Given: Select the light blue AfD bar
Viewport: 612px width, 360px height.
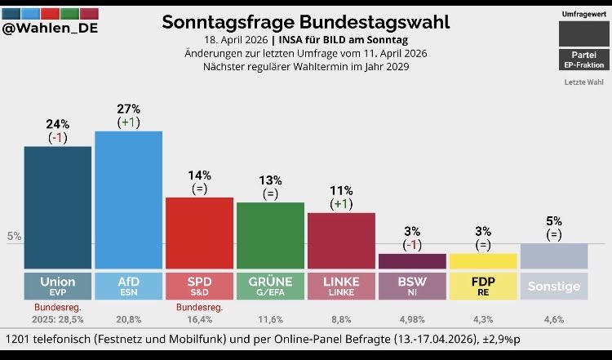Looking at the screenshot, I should [x=128, y=199].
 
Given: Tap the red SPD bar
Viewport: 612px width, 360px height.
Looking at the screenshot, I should [x=199, y=233].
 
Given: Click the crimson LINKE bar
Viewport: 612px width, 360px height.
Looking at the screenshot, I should [x=341, y=240].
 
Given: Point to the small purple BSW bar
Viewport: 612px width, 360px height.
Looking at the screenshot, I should [x=412, y=261].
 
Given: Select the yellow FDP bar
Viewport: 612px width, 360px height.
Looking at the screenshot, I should [x=483, y=261].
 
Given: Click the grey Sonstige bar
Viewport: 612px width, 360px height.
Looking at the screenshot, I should [x=554, y=256].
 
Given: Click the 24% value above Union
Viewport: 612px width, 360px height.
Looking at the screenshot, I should [x=57, y=123].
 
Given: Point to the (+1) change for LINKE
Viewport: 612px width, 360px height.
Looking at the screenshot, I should [x=341, y=203].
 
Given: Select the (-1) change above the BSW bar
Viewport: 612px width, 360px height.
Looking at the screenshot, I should [x=412, y=244].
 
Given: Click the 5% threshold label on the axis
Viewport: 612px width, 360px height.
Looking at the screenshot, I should [x=14, y=237].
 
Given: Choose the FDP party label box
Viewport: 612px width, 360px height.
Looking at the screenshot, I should [x=483, y=285].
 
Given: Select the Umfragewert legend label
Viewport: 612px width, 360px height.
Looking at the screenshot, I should [x=583, y=15].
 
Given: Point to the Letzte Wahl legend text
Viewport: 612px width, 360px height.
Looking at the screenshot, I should [x=583, y=82].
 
